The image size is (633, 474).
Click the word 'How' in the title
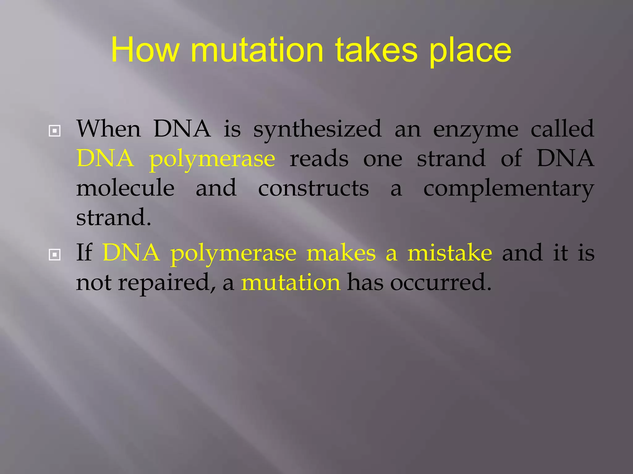tap(145, 50)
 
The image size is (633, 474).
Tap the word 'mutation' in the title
tap(257, 50)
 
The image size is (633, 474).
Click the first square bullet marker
tap(55, 131)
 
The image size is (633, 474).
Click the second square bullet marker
tap(55, 255)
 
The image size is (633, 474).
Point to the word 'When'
tap(108, 129)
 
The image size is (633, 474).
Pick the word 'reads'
tap(319, 158)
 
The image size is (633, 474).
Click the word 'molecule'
tap(125, 188)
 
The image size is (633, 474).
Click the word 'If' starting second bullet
tap(84, 252)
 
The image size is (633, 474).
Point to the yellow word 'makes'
tap(341, 252)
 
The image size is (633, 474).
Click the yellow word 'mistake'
tap(449, 252)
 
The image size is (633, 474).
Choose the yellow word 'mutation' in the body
tap(291, 282)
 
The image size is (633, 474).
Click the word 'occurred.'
tap(440, 282)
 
